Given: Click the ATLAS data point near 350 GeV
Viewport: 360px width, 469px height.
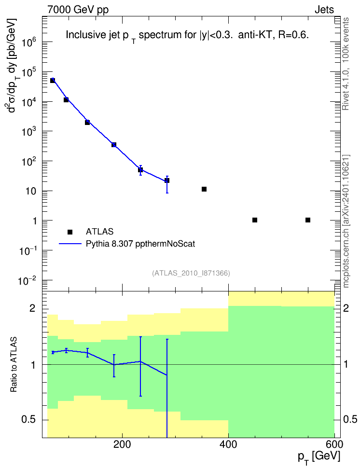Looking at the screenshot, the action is coord(204,189).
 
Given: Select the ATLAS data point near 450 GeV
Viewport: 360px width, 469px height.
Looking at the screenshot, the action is coord(255,220).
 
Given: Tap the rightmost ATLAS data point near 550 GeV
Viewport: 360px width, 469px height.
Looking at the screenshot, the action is coord(307,220).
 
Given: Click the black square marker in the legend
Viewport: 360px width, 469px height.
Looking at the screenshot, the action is coord(70,232).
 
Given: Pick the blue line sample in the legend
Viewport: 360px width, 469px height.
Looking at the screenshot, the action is coord(70,244).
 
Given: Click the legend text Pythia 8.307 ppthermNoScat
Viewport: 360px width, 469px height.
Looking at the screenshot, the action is coord(140,244).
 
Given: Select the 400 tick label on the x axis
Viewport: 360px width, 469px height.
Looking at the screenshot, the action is coord(228,444).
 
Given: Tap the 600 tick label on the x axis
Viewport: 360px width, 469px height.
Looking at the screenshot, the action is coord(334,444).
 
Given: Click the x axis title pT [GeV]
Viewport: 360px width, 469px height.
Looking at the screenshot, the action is coord(319,457).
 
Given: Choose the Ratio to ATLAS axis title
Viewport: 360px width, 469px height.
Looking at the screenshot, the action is coord(14,364).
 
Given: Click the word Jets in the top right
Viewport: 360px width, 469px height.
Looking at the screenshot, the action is coord(324,10).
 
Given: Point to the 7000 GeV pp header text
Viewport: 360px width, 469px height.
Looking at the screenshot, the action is coord(78,10).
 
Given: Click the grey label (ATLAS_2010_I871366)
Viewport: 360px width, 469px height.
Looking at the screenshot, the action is coord(191,273).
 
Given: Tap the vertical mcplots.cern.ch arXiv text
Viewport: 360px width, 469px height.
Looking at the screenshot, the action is coord(346,221).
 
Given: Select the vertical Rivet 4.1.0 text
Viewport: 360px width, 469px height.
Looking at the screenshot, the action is coord(346,64).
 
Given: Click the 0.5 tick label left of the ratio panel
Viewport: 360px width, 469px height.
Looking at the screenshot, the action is coord(29,420).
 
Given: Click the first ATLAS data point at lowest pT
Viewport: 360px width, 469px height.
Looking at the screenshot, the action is coord(53,80).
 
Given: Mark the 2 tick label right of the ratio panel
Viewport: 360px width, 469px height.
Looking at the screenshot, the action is coord(346,308).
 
